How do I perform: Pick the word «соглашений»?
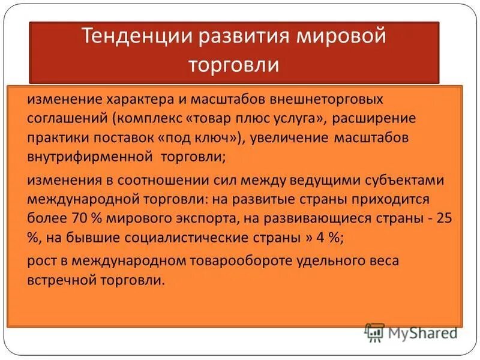pyautogui.click(x=63, y=118)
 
